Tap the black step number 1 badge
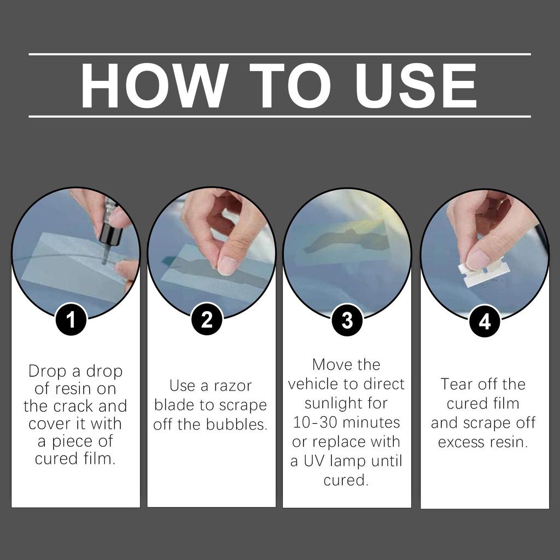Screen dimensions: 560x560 [71, 319]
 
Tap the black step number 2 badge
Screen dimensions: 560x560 [207, 319]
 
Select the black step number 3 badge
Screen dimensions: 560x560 [347, 320]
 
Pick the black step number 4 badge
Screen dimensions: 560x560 [485, 321]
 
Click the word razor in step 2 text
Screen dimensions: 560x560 [232, 386]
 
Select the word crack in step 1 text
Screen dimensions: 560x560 [74, 406]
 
